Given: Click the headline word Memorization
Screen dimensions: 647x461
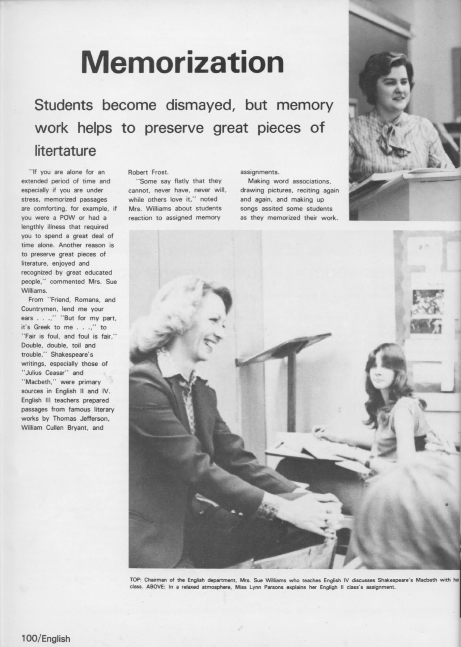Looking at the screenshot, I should (x=182, y=63).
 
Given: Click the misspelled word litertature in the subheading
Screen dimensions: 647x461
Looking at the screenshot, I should (x=65, y=151).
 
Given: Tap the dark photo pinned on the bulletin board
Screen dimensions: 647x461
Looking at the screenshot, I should (x=428, y=303).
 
